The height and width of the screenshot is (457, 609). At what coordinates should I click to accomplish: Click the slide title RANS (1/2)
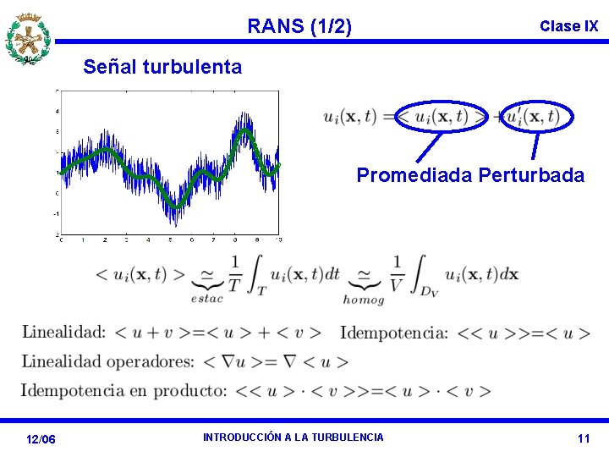[x=299, y=26]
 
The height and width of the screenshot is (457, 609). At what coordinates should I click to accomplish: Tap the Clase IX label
[x=568, y=26]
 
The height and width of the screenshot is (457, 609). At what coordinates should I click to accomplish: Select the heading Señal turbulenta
[x=162, y=66]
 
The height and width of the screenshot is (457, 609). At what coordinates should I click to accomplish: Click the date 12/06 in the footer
[x=41, y=439]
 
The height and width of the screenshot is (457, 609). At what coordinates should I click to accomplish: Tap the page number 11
[x=583, y=438]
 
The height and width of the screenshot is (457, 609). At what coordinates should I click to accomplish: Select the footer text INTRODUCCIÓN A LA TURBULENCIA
[x=293, y=437]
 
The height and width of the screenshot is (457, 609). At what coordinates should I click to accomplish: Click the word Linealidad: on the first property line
[x=63, y=332]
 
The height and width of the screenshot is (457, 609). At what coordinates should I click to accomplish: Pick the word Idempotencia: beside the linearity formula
[x=393, y=332]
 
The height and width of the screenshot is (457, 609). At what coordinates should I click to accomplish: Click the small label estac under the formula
[x=206, y=298]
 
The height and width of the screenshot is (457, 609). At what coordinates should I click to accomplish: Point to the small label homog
[x=364, y=299]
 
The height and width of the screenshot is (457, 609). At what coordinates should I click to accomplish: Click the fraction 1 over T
[x=234, y=273]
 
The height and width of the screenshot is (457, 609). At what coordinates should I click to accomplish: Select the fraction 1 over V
[x=398, y=273]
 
